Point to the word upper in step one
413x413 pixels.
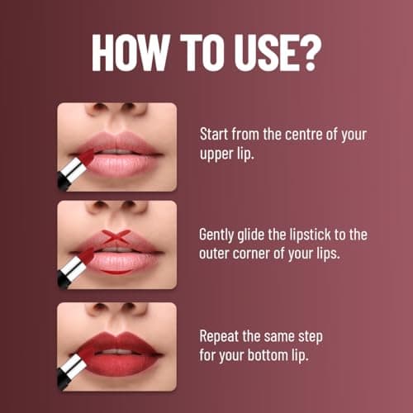click(219, 153)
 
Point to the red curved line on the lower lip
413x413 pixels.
click(116, 269)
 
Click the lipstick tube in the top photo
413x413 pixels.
click(75, 169)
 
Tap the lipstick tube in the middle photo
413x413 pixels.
click(74, 268)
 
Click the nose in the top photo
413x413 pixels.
click(116, 111)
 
